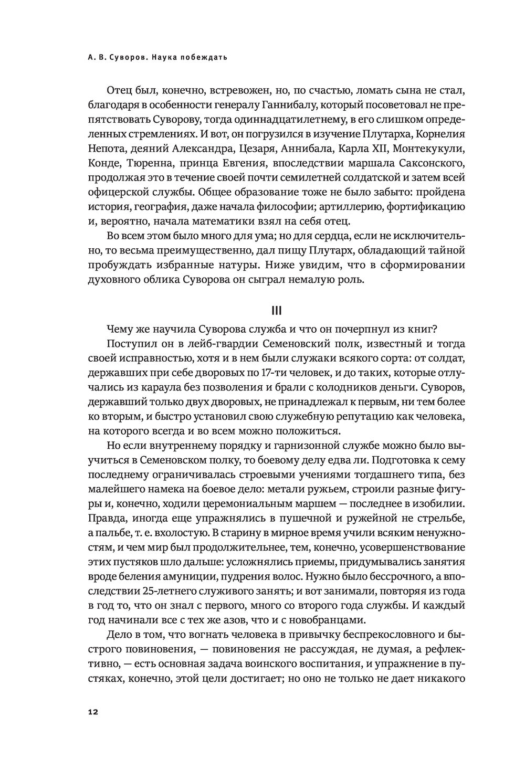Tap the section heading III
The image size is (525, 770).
276,311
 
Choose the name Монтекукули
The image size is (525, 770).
428,148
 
